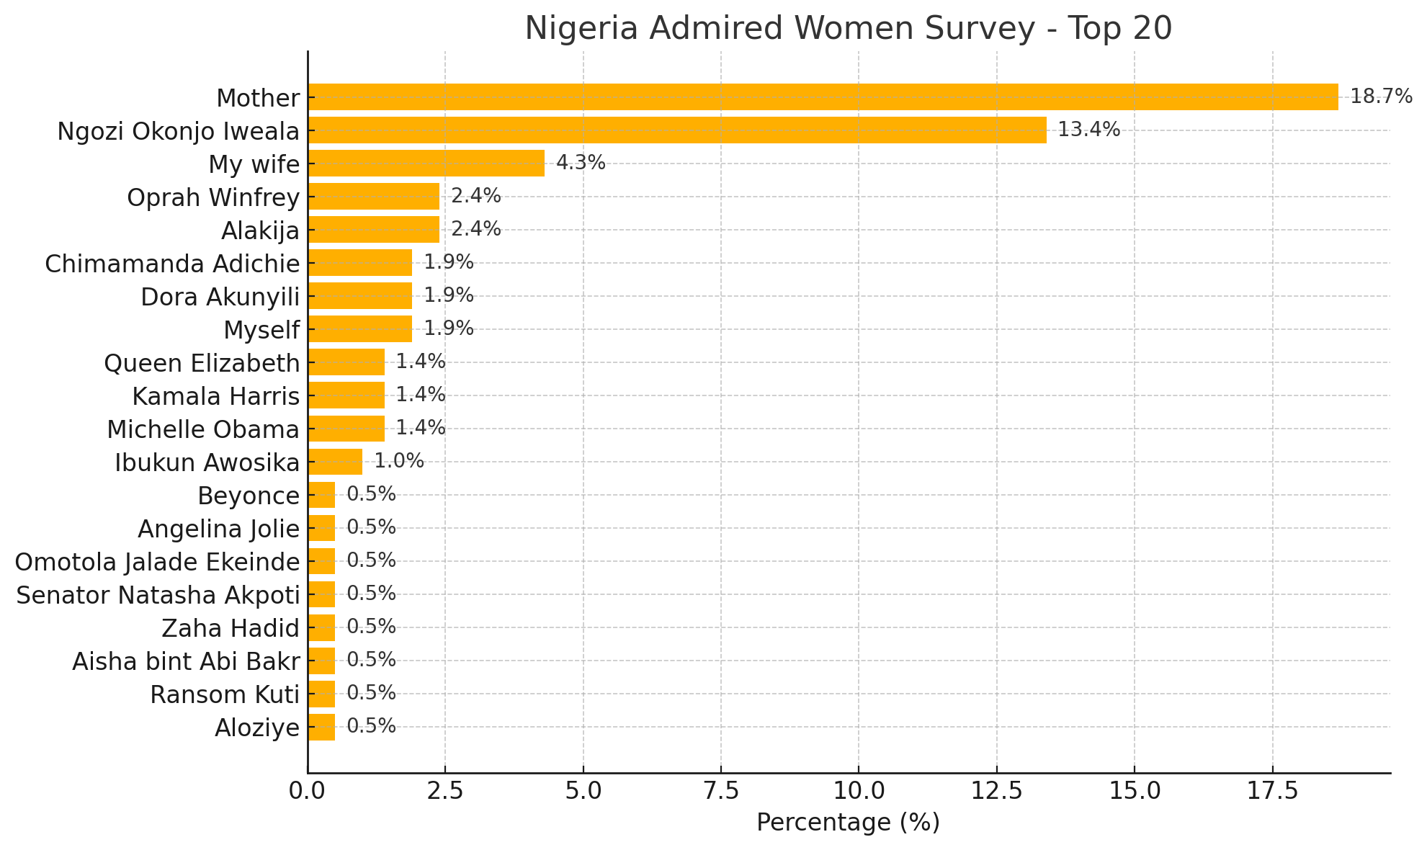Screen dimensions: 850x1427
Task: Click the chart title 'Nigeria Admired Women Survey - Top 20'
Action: tap(848, 29)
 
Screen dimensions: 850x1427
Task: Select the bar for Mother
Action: tap(823, 97)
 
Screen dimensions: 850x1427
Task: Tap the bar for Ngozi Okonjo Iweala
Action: tap(677, 130)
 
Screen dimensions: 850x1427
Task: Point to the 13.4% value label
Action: tap(1088, 130)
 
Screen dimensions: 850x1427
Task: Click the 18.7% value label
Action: tap(1380, 97)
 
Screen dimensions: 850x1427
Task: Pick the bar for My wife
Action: tap(426, 164)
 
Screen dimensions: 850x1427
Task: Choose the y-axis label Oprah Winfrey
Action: tap(213, 197)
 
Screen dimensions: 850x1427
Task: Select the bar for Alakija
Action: tap(373, 230)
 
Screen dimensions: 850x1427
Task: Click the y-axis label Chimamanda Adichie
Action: tap(172, 264)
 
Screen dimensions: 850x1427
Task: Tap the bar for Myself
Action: tap(359, 329)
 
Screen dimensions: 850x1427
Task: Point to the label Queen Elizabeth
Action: tap(202, 363)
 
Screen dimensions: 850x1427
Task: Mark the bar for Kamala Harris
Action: tap(346, 395)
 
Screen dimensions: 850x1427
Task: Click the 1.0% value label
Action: tap(398, 462)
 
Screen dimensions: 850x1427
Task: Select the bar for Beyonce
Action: tap(321, 495)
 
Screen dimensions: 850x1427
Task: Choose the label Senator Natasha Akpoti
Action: tap(158, 595)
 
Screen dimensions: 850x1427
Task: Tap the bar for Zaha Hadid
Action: tap(321, 627)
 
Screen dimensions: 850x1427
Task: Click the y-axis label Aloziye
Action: tap(257, 728)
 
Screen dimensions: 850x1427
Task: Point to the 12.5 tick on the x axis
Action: tap(996, 791)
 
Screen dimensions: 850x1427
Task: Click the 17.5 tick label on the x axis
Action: tap(1272, 791)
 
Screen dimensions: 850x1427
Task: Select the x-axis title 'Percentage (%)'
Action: tap(848, 823)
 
